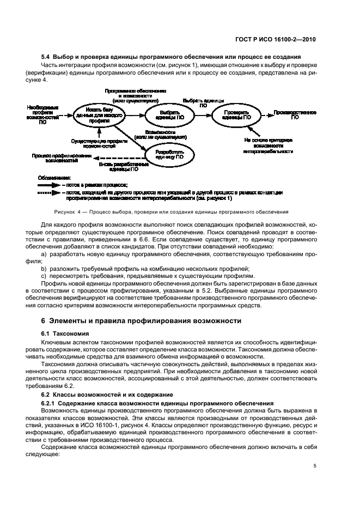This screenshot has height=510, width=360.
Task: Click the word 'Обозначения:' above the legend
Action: coord(54,178)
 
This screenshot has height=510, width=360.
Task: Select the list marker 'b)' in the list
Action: coord(44,269)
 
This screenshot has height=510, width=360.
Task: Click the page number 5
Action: coord(315,465)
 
